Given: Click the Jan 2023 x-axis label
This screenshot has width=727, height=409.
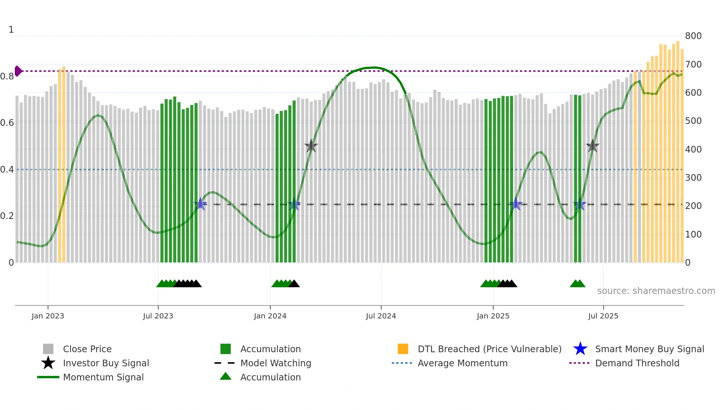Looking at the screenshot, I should tap(48, 316).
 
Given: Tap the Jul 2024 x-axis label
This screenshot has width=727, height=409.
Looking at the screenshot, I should tap(381, 316).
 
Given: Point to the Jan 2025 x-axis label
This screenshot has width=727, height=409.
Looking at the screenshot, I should tap(493, 316).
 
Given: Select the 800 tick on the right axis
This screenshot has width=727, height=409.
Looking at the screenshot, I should tap(693, 36).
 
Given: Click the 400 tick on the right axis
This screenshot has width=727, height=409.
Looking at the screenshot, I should tap(693, 149).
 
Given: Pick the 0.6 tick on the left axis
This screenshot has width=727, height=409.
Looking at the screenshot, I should tap(7, 123).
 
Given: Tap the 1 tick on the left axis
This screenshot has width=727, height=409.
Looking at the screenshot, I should tap(11, 30).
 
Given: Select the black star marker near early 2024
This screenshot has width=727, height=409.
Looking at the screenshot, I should tap(311, 146).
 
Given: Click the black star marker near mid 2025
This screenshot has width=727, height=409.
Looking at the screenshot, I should tap(593, 146).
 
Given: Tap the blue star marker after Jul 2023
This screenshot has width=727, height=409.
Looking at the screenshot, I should tap(201, 204).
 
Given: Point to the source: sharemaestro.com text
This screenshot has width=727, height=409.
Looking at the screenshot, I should tap(656, 291).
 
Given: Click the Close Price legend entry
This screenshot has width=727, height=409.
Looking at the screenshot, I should tap(87, 349).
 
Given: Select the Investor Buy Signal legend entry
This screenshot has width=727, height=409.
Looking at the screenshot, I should tap(106, 363).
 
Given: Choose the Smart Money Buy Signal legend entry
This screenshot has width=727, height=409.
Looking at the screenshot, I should tap(649, 349).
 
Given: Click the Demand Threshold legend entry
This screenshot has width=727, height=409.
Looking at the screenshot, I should tap(637, 363).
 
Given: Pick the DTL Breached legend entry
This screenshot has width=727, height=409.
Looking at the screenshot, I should tap(489, 349).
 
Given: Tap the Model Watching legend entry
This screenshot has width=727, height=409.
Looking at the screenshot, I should tap(276, 363).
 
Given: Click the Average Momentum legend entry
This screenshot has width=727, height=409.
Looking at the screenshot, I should tap(463, 363).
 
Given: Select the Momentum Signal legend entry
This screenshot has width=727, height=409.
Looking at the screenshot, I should tap(103, 377).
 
